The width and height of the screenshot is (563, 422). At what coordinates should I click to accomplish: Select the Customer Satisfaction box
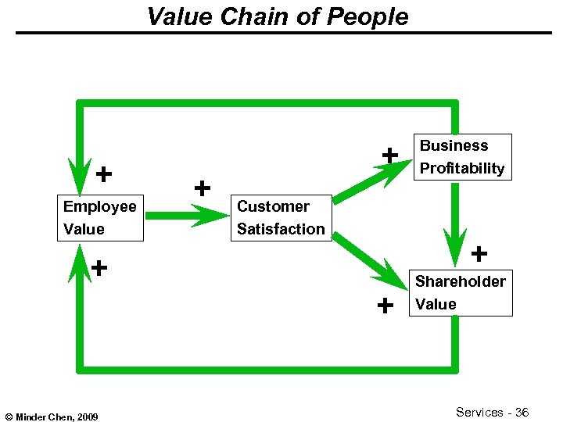(x=281, y=218)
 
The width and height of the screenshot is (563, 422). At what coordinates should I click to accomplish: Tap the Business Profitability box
(x=462, y=157)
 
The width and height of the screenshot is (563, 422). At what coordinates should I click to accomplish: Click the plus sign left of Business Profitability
(x=389, y=156)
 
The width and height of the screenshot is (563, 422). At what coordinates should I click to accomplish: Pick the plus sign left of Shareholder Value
(x=385, y=306)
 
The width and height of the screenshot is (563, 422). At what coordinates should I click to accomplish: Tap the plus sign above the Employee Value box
(x=102, y=173)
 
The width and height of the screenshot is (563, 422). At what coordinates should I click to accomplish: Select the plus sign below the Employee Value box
(x=99, y=268)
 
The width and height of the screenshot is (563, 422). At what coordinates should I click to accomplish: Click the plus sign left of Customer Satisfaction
(x=203, y=188)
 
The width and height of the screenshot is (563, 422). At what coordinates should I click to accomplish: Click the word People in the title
(x=371, y=16)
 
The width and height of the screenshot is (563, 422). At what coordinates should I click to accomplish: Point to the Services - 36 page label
(x=493, y=412)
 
